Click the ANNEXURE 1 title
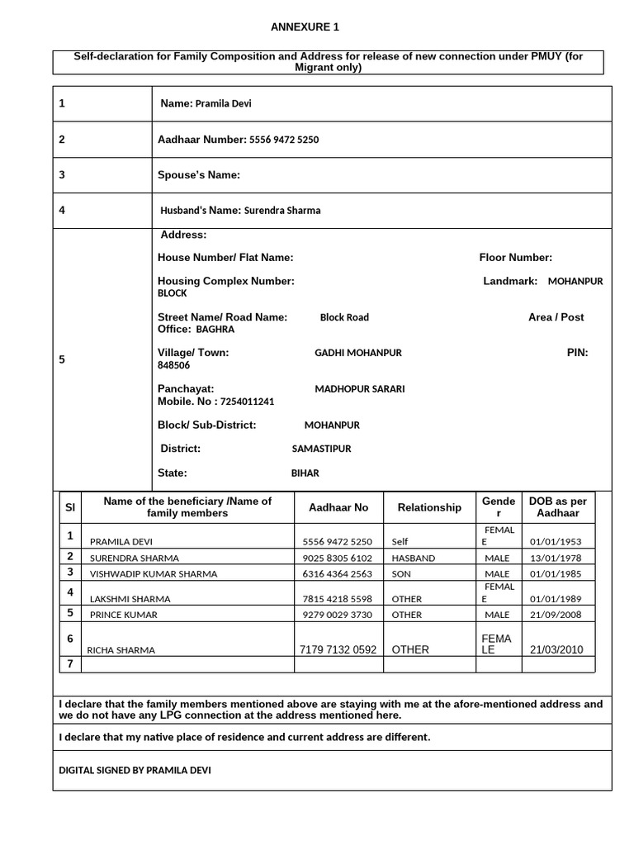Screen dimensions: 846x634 point(305,27)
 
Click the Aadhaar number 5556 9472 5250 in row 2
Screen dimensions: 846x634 point(284,140)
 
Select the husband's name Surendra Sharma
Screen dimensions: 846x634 point(282,211)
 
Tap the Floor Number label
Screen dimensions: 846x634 point(515,258)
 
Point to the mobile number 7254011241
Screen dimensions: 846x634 point(247,402)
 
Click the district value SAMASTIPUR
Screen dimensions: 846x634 point(321,449)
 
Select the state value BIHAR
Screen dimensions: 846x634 point(305,473)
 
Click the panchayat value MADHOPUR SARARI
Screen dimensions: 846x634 point(359,389)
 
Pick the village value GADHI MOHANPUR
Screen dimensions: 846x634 point(357,353)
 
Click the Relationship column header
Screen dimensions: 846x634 point(429,507)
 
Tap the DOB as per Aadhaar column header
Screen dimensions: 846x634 point(557,507)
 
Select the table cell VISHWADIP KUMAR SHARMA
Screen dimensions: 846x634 point(154,573)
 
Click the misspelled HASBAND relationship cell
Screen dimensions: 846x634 point(414,558)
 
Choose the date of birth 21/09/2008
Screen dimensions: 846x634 point(555,615)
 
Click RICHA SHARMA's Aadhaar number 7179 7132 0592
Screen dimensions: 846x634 point(339,649)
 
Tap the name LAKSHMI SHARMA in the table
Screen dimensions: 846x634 point(132,599)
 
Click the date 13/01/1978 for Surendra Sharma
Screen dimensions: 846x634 point(555,558)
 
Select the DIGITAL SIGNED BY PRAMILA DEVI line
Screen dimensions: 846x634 point(135,770)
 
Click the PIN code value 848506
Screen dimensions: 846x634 point(173,365)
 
